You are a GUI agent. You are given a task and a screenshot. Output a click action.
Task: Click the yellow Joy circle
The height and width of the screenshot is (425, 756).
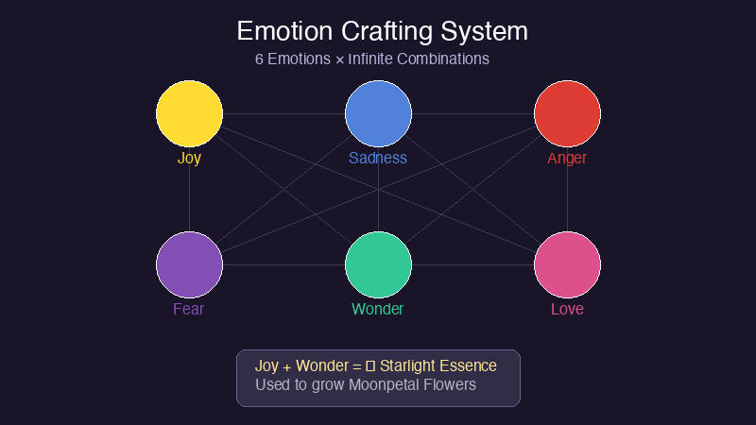point(189,113)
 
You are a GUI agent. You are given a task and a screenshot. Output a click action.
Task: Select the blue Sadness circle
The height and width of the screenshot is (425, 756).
point(378,113)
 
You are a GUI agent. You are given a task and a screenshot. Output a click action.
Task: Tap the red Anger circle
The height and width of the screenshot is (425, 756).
point(567,113)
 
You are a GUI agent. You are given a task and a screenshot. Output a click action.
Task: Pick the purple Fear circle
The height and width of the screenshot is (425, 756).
point(189,264)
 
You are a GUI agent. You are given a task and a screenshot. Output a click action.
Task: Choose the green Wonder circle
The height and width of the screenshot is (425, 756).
point(378,264)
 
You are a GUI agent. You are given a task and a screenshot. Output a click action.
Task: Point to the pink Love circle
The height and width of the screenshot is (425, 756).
point(567,264)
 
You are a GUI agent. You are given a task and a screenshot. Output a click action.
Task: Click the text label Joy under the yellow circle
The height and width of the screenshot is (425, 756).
point(189,158)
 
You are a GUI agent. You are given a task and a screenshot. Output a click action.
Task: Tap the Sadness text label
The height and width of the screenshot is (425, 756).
point(378,158)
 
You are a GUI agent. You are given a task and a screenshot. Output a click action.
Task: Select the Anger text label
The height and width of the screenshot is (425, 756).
point(567,158)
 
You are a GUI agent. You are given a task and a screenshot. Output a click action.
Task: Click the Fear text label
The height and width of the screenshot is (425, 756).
point(189,309)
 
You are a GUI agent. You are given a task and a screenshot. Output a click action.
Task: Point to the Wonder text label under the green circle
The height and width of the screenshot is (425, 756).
point(378,309)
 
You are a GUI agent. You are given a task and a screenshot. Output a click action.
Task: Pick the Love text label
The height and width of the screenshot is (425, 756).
point(567,309)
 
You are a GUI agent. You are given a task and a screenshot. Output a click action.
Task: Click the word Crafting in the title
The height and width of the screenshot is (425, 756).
point(382,30)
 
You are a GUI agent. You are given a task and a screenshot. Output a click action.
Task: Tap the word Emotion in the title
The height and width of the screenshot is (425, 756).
point(281,30)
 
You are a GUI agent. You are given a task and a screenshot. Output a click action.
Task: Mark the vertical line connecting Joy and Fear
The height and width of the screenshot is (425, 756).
point(189,189)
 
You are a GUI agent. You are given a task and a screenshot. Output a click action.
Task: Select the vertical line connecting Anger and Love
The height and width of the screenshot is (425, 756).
point(567,189)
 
